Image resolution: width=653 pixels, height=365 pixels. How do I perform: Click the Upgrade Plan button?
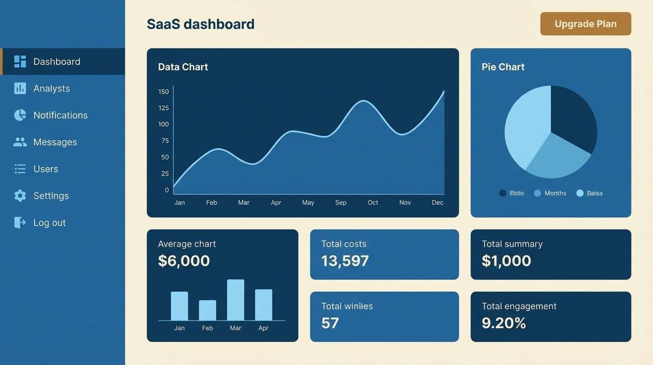pyautogui.click(x=586, y=24)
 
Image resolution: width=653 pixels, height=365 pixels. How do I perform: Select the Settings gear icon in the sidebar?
pyautogui.click(x=20, y=196)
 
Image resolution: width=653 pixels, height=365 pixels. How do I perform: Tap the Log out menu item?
pyautogui.click(x=49, y=222)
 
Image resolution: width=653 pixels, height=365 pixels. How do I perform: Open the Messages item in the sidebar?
pyautogui.click(x=55, y=142)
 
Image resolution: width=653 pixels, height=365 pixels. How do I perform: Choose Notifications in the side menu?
pyautogui.click(x=60, y=115)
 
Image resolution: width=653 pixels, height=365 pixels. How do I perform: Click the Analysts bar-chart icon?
pyautogui.click(x=20, y=88)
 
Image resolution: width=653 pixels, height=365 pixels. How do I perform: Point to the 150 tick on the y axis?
pyautogui.click(x=164, y=92)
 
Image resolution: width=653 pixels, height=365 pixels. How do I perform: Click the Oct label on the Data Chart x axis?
pyautogui.click(x=373, y=202)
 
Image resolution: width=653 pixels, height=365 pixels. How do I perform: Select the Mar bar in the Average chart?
pyautogui.click(x=235, y=300)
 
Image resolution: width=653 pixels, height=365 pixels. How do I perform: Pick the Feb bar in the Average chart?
pyautogui.click(x=207, y=310)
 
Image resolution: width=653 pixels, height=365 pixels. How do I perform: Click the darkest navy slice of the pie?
pyautogui.click(x=572, y=116)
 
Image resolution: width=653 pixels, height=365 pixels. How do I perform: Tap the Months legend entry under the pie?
pyautogui.click(x=555, y=193)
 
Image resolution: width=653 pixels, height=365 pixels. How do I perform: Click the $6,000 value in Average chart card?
pyautogui.click(x=184, y=261)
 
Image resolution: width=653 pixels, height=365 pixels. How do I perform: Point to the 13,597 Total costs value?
pyautogui.click(x=345, y=261)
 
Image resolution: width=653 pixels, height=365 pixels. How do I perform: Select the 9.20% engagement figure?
pyautogui.click(x=504, y=323)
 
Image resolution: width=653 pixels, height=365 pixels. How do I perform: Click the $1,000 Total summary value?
pyautogui.click(x=506, y=261)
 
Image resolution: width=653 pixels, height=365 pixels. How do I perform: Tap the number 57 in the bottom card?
pyautogui.click(x=330, y=323)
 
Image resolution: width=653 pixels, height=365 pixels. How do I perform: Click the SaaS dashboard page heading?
pyautogui.click(x=201, y=24)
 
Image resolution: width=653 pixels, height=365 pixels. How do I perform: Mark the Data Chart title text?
pyautogui.click(x=183, y=67)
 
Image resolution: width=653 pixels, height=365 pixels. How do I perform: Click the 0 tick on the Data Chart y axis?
pyautogui.click(x=167, y=190)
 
